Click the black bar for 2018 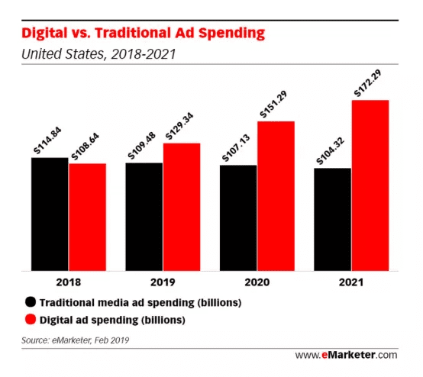50,214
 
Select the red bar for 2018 87,217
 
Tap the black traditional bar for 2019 144,217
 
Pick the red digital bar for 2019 181,207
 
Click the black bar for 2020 238,217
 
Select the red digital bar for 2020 276,195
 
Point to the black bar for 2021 333,219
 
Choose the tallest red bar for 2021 370,185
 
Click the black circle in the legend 31,301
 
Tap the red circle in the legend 31,318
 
